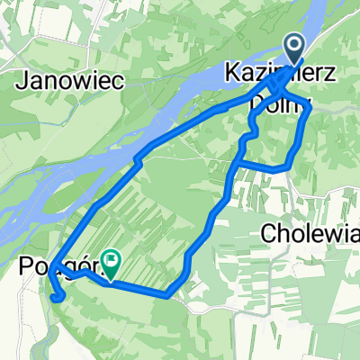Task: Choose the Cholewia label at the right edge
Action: point(310,233)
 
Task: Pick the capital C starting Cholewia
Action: point(270,233)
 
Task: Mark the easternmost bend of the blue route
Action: point(311,108)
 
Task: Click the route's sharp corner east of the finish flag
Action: point(168,295)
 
